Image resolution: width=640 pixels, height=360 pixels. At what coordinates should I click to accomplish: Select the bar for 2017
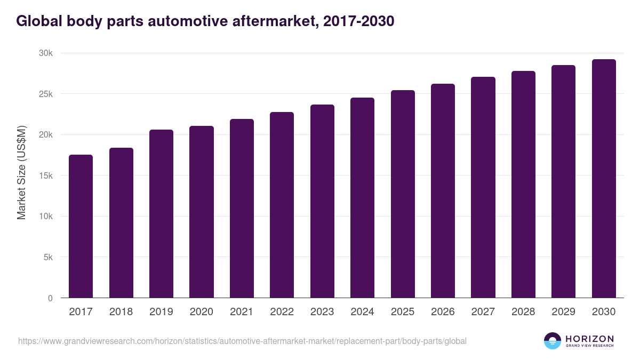point(81,226)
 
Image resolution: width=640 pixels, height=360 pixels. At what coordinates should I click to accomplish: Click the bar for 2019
point(161,213)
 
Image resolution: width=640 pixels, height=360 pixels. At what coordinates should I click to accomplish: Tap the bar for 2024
point(362,197)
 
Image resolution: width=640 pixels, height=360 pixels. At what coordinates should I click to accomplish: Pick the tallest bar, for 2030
point(604,179)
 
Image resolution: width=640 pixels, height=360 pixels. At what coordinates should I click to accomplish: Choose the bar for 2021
point(242,208)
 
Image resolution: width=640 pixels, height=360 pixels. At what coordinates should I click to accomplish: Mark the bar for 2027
point(483,187)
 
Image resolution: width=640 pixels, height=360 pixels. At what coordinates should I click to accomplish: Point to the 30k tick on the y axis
point(46,53)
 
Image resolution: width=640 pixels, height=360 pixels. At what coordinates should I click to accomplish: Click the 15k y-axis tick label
point(46,175)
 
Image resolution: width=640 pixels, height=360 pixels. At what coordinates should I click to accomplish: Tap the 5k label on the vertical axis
point(48,257)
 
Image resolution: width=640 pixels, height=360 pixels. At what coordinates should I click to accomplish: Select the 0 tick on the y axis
point(50,298)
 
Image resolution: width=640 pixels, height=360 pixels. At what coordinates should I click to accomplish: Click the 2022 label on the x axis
point(282,312)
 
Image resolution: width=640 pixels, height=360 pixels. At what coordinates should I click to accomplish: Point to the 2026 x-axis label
point(443,312)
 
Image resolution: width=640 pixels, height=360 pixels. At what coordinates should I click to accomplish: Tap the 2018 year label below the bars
point(121,312)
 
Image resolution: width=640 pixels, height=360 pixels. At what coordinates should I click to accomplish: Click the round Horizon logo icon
point(553,341)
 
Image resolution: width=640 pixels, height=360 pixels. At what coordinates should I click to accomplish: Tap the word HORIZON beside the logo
point(589,338)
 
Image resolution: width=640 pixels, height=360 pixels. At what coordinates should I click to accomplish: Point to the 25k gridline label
point(46,94)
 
